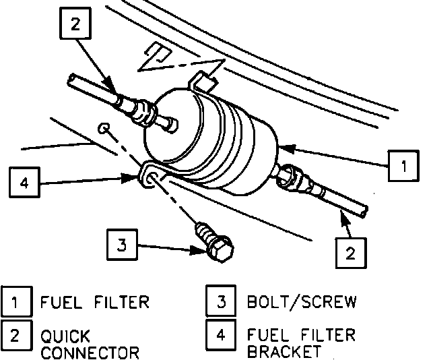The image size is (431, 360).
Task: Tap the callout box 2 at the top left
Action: click(74, 25)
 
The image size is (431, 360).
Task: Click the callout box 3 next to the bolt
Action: click(121, 244)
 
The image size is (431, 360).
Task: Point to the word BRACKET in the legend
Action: click(284, 352)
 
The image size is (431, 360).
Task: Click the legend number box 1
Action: click(16, 301)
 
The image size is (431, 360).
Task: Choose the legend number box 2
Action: click(16, 336)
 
